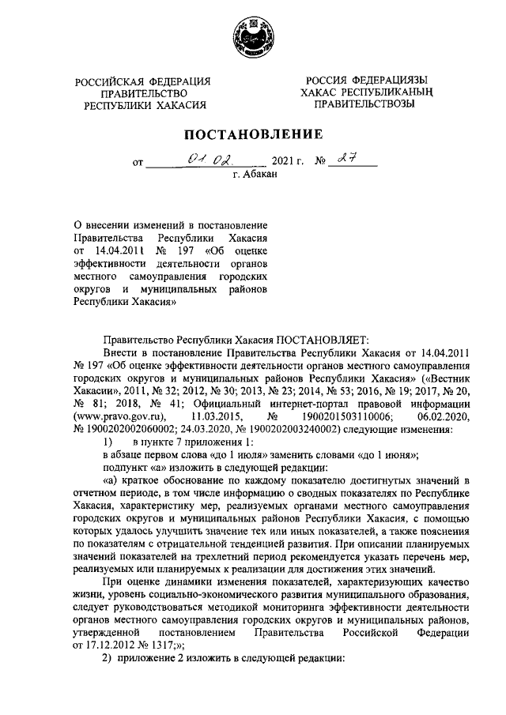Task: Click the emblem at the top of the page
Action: tap(252, 38)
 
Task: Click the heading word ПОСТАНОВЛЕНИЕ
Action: tap(253, 134)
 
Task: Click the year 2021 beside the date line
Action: tap(284, 164)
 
